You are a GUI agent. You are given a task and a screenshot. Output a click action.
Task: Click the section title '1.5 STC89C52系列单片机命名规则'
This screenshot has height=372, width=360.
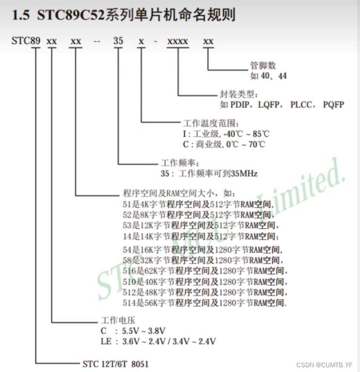coord(124,15)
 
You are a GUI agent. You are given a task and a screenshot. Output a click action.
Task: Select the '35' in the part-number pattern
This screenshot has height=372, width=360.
coord(118,41)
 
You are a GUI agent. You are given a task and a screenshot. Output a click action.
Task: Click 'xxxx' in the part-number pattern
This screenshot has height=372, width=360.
coord(178,41)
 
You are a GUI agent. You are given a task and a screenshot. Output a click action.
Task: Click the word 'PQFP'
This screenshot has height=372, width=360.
coord(333,104)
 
